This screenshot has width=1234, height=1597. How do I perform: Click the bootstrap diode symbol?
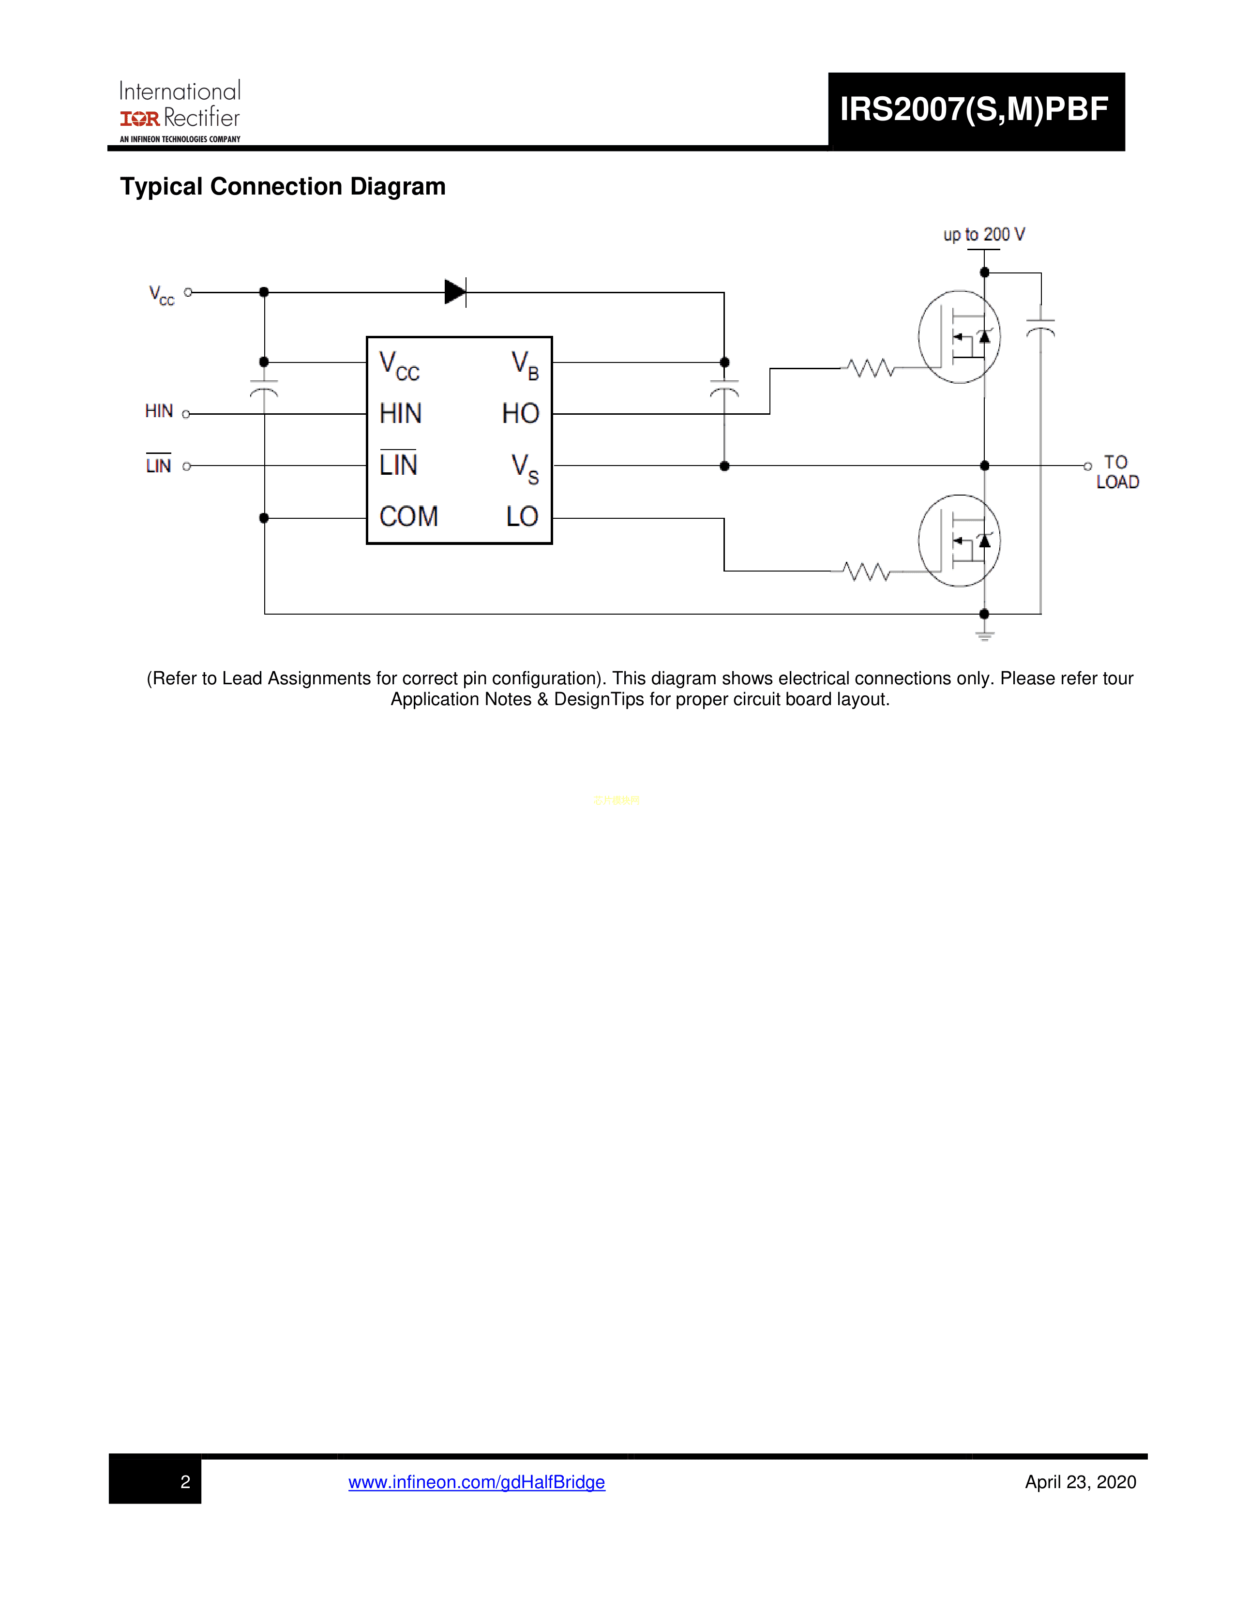pos(455,292)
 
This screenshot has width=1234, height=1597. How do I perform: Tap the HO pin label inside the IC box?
pos(521,414)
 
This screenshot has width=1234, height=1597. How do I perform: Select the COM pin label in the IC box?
pos(408,517)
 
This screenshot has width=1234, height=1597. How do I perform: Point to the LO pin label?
pos(522,517)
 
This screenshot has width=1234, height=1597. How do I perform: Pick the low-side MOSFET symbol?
pos(959,541)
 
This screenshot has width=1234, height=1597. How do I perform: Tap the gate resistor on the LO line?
pos(866,571)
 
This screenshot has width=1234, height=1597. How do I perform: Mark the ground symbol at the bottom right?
pos(985,635)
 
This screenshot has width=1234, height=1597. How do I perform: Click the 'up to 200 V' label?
pos(984,235)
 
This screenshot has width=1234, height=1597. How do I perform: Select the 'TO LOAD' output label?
pos(1117,472)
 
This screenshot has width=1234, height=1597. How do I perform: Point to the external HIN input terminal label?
pos(159,412)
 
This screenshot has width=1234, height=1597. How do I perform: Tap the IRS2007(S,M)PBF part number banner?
pos(975,110)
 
